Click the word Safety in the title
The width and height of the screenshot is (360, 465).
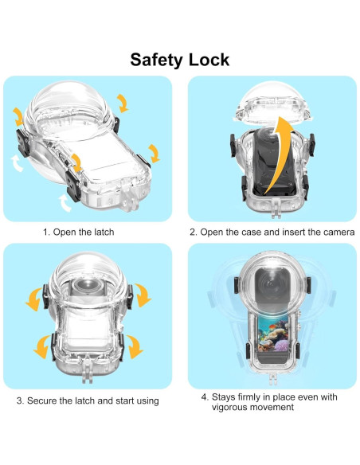157,61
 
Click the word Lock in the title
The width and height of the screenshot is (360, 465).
209,60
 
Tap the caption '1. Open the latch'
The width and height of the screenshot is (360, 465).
79,232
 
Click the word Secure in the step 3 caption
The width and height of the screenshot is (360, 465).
41,401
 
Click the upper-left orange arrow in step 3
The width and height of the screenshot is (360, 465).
34,299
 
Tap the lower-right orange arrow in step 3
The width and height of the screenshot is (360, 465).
135,346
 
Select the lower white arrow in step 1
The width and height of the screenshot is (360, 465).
65,203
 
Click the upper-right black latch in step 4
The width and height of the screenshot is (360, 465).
308,285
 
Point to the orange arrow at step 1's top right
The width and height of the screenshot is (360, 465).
122,104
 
